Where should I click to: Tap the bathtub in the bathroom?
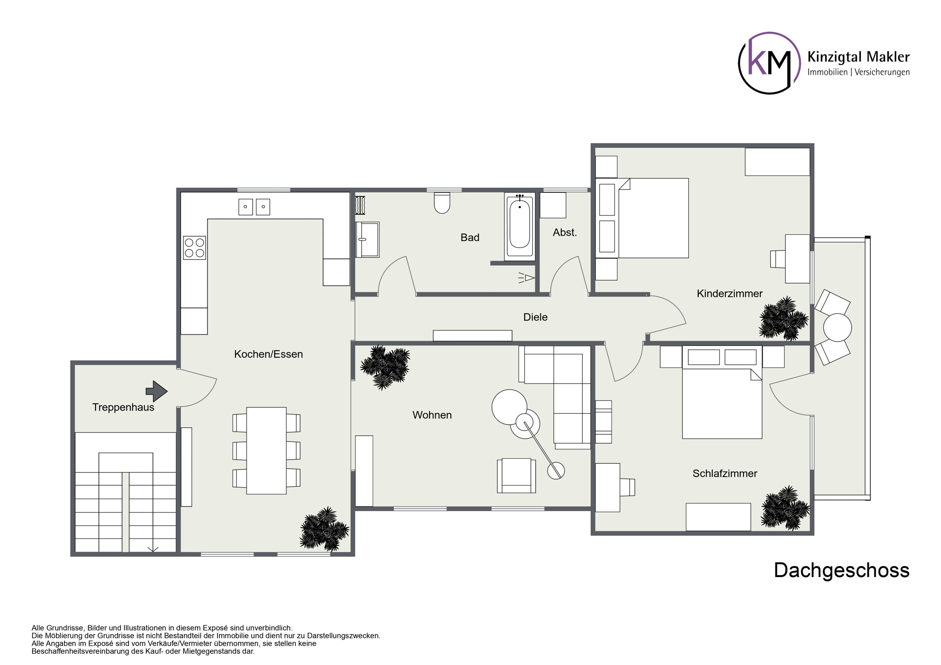point(519,227)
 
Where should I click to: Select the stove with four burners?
point(194,248)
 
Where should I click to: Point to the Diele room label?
point(535,317)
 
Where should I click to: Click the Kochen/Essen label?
point(268,354)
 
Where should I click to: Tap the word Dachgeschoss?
point(842,570)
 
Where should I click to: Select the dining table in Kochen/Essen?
point(266,450)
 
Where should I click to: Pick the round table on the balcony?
point(837,327)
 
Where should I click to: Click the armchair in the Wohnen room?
point(516,475)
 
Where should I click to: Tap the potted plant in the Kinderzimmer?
point(783,319)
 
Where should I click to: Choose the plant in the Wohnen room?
point(385,368)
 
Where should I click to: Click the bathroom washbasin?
point(367,240)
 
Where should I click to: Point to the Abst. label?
point(565,232)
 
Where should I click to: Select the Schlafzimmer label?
point(725,473)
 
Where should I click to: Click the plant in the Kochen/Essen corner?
point(325,529)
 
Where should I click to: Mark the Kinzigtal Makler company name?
point(858,57)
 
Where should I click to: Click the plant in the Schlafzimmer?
point(785,508)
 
